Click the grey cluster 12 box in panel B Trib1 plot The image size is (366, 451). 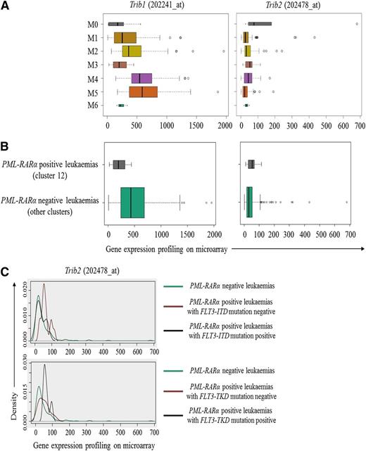(x=119, y=165)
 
